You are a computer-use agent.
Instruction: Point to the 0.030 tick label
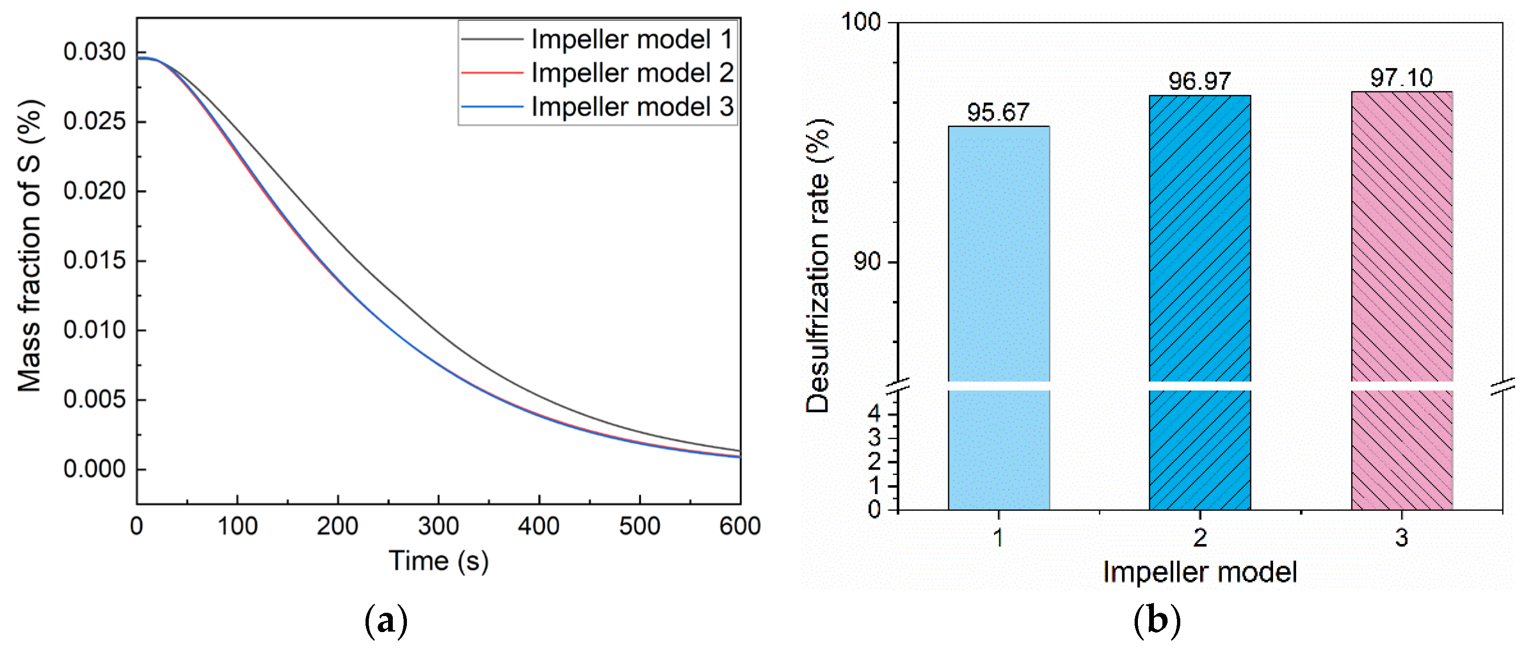[95, 52]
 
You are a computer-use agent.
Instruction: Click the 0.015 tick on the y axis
[95, 261]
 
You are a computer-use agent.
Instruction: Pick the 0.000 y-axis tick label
[95, 469]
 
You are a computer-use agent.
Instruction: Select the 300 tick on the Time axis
[438, 526]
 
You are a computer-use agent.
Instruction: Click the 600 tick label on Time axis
[740, 526]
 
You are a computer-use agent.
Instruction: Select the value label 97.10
[1402, 78]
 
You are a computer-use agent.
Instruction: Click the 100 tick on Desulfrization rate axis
[862, 23]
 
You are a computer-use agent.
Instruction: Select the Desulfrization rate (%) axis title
[819, 265]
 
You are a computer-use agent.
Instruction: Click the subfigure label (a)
[386, 621]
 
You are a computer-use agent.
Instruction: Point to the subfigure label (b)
[1157, 621]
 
